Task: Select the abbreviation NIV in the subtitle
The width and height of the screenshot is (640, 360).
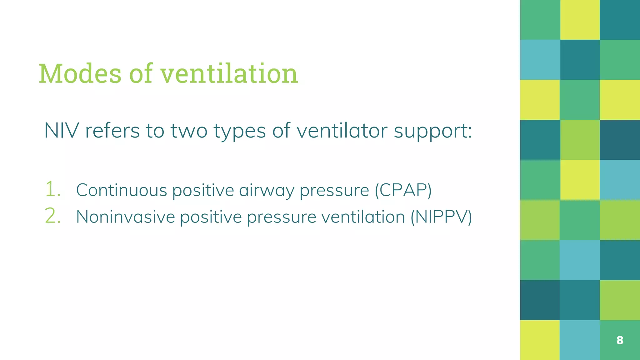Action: click(61, 130)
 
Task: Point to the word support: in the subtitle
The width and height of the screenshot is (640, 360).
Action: click(433, 130)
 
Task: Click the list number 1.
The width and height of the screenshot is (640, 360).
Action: click(52, 189)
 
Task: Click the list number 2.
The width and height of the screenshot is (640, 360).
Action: click(52, 216)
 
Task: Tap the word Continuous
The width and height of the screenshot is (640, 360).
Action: click(122, 190)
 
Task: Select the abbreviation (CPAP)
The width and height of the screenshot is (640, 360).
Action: click(403, 190)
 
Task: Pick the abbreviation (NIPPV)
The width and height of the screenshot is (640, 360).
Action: click(441, 217)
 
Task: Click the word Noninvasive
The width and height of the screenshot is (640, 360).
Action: click(125, 217)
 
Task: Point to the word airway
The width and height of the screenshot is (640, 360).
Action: click(267, 191)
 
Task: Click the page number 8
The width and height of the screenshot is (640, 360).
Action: click(620, 340)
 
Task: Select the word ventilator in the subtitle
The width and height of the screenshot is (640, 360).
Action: click(342, 130)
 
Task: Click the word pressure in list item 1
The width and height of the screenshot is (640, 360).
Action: click(334, 191)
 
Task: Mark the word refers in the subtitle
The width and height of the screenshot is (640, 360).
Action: click(112, 130)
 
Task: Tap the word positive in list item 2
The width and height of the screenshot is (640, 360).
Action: click(211, 217)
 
